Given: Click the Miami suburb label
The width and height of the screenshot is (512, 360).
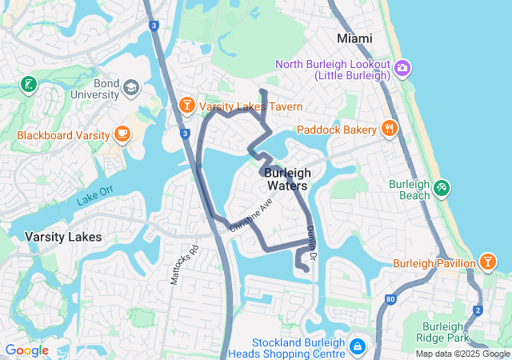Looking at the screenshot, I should (x=354, y=38).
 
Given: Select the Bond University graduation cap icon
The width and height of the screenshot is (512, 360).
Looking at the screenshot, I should (x=130, y=86).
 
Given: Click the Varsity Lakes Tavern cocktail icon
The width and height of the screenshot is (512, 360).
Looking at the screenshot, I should (x=186, y=105).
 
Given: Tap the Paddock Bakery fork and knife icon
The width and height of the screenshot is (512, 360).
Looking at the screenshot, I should (x=390, y=127).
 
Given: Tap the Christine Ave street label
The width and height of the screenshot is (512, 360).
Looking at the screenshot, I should (x=251, y=214).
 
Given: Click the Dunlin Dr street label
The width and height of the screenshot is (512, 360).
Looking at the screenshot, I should (x=312, y=242).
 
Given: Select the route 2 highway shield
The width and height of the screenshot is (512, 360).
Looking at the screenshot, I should (x=478, y=310).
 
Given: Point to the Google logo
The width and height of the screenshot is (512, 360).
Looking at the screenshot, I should (x=27, y=350).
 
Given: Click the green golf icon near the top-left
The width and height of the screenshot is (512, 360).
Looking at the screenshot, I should (x=29, y=84).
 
